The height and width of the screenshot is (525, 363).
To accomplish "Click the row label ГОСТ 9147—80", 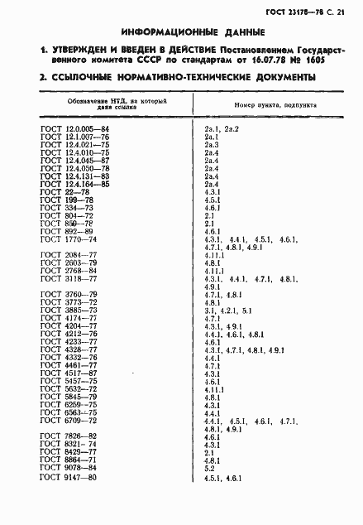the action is click(69, 478).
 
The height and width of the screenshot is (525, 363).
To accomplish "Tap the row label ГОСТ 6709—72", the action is click(69, 421).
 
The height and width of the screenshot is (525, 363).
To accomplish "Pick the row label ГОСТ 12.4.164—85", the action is click(75, 184).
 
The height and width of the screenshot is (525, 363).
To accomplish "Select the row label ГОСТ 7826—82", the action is click(69, 436).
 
